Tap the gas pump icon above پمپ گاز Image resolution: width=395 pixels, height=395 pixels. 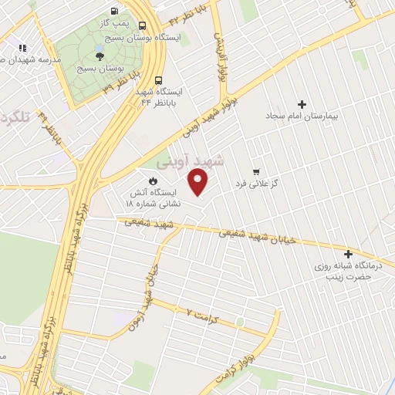(x=114, y=12)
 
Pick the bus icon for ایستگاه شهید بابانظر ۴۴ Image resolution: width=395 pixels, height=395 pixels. (x=158, y=79)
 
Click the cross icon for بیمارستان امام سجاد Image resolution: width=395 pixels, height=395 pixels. (x=302, y=104)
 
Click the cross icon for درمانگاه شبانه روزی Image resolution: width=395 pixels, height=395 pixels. (x=349, y=254)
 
